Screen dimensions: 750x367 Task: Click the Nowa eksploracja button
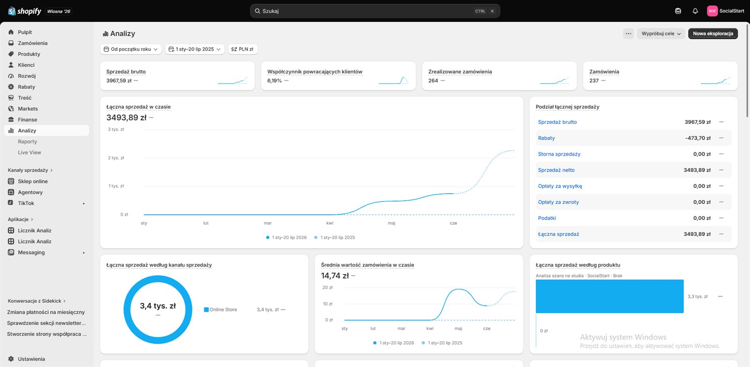713,33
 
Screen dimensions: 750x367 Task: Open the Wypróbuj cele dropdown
661,33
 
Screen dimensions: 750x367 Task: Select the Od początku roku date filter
131,49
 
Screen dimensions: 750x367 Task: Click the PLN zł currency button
242,49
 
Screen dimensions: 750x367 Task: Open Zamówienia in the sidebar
32,43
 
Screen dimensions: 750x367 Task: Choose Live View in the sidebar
30,152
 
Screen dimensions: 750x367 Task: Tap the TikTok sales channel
26,203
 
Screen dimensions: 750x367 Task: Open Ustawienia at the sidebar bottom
31,359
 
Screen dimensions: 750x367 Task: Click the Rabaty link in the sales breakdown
547,138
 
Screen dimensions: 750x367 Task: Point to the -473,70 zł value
698,138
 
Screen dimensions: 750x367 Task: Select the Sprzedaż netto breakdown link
556,170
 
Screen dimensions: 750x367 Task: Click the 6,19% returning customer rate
274,81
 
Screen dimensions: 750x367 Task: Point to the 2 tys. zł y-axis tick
116,157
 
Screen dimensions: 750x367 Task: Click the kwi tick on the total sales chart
330,223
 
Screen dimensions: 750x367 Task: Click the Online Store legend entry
221,310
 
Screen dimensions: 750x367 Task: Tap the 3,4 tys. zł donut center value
157,306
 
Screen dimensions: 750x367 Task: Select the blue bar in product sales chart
610,296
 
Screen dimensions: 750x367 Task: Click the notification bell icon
695,11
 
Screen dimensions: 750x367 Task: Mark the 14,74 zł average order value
335,276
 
